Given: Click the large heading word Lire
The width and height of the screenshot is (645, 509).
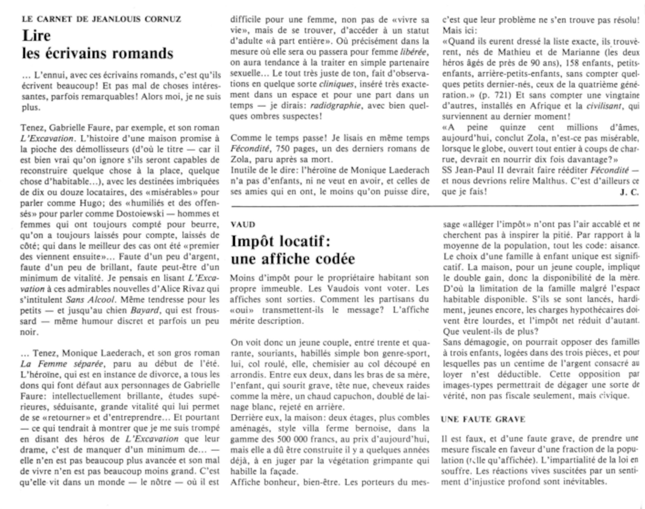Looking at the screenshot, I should [x=36, y=35].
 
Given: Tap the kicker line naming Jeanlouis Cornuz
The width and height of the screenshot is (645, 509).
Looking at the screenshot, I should [x=101, y=19].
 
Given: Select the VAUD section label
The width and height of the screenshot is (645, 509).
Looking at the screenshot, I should [x=243, y=224].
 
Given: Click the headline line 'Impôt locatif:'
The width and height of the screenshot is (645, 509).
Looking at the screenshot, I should [x=281, y=241].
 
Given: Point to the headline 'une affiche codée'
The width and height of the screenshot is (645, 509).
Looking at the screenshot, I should [x=293, y=259].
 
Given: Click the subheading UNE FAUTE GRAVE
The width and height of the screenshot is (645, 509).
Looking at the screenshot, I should [x=483, y=419].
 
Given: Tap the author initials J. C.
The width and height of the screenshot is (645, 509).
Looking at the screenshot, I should [x=629, y=192].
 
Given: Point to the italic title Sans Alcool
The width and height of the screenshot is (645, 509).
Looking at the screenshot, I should [x=90, y=299].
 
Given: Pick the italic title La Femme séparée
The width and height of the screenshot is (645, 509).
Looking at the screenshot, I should [x=62, y=364].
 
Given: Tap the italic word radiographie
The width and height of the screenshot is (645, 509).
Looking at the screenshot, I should [x=335, y=106].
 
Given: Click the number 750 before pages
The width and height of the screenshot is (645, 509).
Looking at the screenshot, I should [x=282, y=149].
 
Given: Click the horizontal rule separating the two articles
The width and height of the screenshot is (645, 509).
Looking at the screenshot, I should [x=434, y=205].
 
